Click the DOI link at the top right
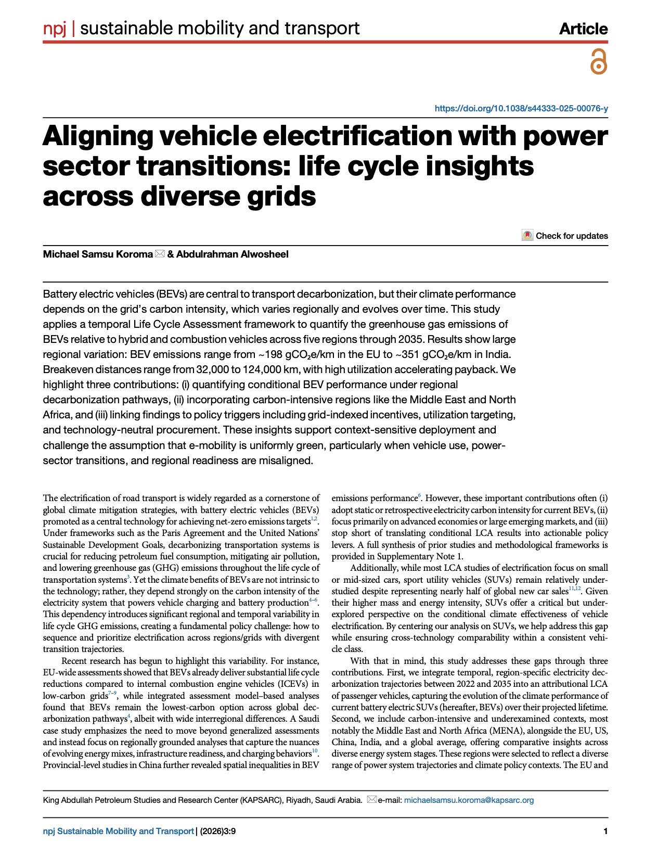521,109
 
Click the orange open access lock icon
599,62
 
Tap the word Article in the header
583,29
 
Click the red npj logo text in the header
55,28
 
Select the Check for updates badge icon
527,236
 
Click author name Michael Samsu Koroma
98,254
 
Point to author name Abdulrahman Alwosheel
232,254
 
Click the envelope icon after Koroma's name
160,254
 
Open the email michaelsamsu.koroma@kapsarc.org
469,800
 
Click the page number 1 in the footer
605,832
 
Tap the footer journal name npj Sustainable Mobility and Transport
118,832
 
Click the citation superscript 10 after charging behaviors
315,751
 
